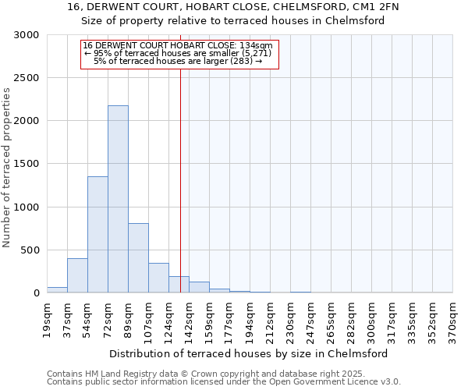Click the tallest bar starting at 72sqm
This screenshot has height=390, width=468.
click(x=118, y=199)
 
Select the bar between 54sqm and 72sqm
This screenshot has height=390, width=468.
click(x=97, y=234)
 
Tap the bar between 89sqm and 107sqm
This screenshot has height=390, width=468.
click(x=138, y=257)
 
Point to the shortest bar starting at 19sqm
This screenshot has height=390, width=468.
click(x=57, y=289)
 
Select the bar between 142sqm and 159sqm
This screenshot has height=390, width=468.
click(x=199, y=287)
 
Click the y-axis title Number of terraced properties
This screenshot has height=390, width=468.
click(x=7, y=167)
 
